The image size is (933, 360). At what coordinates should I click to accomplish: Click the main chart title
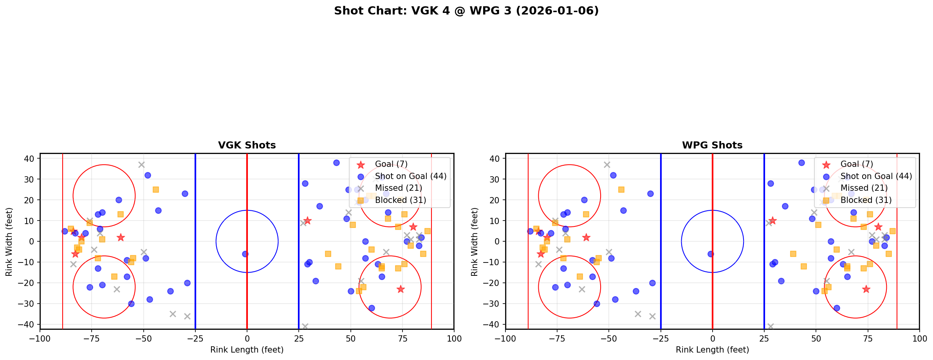[466, 11]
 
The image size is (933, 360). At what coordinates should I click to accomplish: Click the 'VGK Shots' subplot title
[247, 145]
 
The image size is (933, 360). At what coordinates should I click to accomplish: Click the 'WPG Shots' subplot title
[712, 145]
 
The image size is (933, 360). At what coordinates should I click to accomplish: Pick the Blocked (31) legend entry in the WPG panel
[866, 200]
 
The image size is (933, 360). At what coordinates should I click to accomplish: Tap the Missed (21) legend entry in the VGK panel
[398, 188]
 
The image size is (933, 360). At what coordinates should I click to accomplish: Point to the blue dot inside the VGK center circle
[245, 254]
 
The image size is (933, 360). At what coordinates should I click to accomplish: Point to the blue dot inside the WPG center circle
[711, 254]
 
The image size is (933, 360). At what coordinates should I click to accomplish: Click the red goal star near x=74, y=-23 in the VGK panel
[400, 289]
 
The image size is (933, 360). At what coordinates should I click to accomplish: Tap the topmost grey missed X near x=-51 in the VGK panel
[141, 165]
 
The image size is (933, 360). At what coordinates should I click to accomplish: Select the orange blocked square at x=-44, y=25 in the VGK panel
[156, 190]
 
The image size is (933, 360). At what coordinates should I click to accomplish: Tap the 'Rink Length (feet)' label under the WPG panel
[712, 350]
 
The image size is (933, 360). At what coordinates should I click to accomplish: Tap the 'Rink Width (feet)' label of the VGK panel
[9, 241]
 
